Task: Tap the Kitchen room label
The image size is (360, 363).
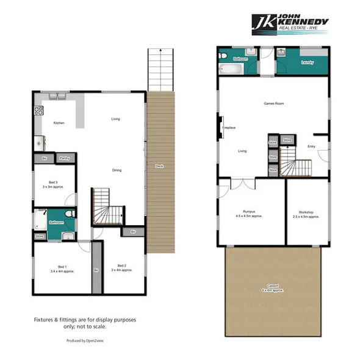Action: [59, 123]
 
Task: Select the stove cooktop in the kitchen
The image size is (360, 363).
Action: [38, 111]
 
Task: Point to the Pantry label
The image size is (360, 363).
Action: [64, 159]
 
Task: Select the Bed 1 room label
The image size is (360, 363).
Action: [62, 268]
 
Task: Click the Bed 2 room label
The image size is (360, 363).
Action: [121, 267]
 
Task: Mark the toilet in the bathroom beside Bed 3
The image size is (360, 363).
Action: [69, 214]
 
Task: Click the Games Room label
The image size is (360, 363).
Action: [273, 104]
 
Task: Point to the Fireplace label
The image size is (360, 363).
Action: [229, 128]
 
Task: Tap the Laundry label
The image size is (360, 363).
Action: [308, 62]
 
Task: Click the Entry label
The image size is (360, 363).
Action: [311, 146]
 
